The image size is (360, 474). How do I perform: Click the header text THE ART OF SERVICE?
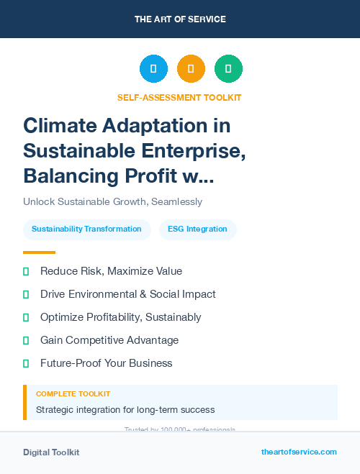(180, 19)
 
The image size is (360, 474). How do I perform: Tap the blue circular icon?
(153, 68)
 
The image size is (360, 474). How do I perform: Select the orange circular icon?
(191, 68)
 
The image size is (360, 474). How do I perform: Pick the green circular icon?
(228, 68)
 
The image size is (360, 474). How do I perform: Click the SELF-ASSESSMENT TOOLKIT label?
(179, 97)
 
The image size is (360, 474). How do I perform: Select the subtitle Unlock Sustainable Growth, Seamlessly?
(112, 201)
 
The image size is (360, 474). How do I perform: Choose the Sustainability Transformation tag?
(86, 229)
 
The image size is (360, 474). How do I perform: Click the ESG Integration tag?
(197, 229)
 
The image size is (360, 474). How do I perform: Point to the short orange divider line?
(39, 252)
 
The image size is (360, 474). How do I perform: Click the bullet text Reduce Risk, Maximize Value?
(111, 271)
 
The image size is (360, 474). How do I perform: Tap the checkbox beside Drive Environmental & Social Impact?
(26, 294)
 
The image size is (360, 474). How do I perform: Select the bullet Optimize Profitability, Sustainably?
(120, 317)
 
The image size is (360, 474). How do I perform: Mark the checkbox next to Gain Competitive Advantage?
(26, 340)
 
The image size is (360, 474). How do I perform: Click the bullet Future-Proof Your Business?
(106, 363)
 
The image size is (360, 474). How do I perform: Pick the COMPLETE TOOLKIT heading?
(73, 394)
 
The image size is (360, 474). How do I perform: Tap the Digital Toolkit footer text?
(51, 452)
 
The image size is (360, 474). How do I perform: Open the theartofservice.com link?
(299, 452)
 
